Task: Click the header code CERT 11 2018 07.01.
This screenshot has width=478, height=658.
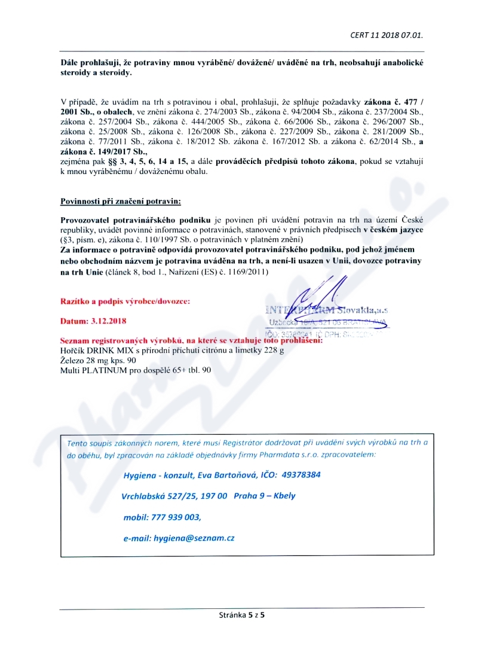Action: tap(386, 35)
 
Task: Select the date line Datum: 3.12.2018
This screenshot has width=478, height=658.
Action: tap(93, 321)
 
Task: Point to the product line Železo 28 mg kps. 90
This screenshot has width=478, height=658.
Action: tap(99, 361)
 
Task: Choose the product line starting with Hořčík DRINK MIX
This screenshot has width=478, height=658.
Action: tap(172, 351)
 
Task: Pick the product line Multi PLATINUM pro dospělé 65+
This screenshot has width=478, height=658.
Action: tap(136, 371)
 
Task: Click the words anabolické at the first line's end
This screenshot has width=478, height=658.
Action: tap(397, 62)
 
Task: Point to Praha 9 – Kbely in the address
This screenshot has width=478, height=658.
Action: tap(265, 496)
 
